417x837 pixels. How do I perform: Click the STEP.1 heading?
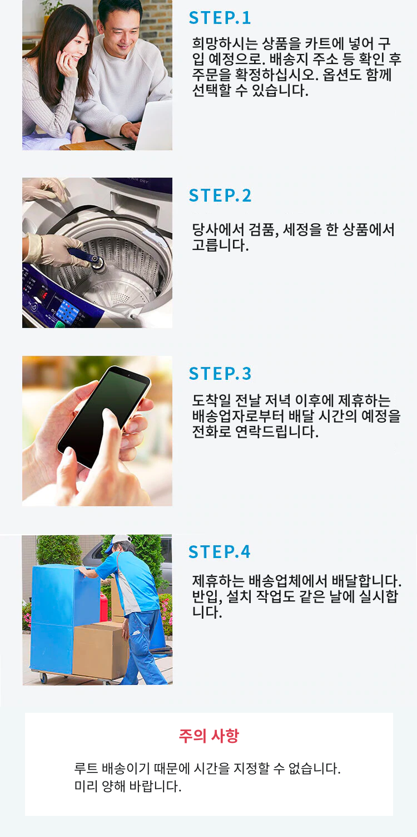[x=220, y=18]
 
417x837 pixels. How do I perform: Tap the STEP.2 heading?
[x=220, y=195]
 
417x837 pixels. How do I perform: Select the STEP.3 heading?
[x=220, y=373]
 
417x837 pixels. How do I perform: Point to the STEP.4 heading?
[x=219, y=551]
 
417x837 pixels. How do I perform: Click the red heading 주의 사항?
[x=209, y=736]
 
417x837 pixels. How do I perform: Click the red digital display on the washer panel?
[x=43, y=294]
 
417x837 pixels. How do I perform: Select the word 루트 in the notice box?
[x=86, y=769]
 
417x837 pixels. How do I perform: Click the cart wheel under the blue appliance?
[x=43, y=678]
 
